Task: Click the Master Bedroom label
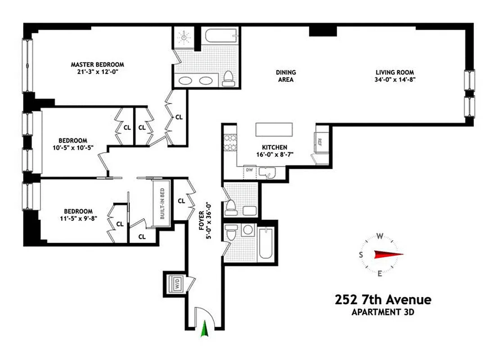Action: [x=97, y=65]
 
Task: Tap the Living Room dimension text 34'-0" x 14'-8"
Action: [x=395, y=80]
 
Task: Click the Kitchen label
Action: [x=275, y=147]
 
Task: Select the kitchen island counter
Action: [x=274, y=130]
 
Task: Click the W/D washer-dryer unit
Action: [x=176, y=284]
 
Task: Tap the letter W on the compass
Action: [x=380, y=236]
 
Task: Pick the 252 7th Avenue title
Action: [x=383, y=300]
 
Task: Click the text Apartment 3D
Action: [x=383, y=312]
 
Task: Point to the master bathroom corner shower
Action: [x=185, y=37]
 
